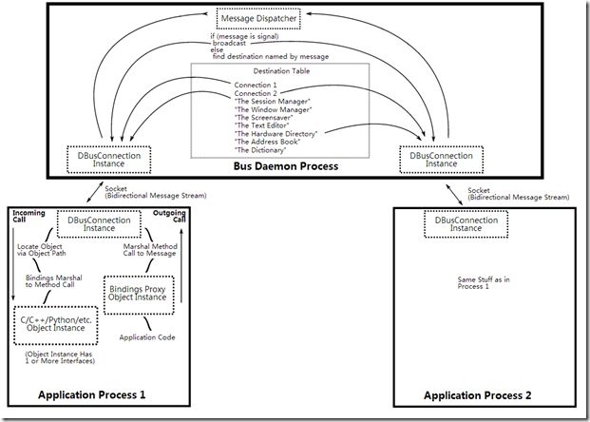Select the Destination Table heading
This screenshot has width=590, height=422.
coord(281,71)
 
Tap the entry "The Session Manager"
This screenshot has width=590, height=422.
coord(273,102)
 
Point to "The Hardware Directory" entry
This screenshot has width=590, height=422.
coord(276,134)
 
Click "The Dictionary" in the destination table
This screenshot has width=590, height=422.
coord(260,150)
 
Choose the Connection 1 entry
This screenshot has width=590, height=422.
coord(256,86)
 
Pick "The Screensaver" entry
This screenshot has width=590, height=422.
coord(264,118)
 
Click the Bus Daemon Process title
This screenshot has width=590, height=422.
coord(286,166)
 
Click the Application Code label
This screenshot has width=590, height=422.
coord(147,337)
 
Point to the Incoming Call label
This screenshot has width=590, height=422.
coord(29,216)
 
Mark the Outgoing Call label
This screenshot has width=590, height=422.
coord(169,216)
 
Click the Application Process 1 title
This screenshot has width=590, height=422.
coord(91,394)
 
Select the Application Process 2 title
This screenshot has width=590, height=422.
coord(478,395)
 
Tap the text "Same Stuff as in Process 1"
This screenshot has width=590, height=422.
coord(484,282)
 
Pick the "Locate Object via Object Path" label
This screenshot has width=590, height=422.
coord(41,250)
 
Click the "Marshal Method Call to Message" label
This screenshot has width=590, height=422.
coord(150,250)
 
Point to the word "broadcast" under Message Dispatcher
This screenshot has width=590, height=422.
coord(229,44)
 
